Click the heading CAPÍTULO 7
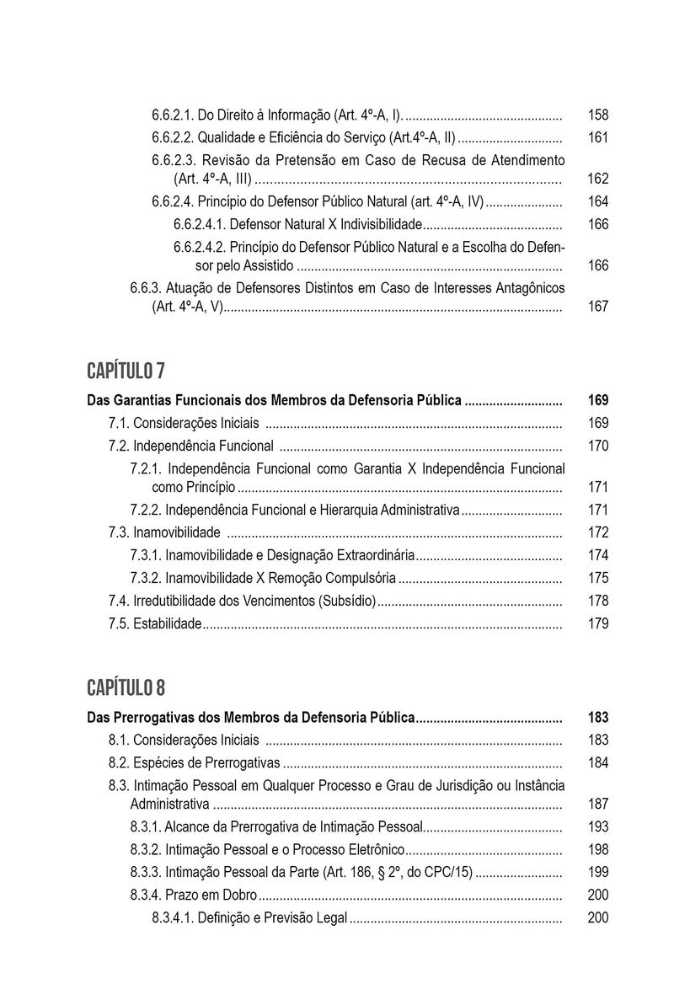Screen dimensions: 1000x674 [x=126, y=371]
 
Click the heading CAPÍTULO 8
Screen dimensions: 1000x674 [x=126, y=689]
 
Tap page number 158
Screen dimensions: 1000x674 [x=597, y=115]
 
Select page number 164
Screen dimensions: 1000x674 [x=597, y=202]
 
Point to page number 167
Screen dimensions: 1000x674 [x=597, y=307]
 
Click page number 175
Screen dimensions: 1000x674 [x=597, y=578]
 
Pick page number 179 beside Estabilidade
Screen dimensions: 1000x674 [x=597, y=624]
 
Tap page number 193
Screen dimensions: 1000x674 [x=597, y=827]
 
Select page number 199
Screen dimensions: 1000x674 [x=597, y=872]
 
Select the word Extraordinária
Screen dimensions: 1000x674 [x=372, y=555]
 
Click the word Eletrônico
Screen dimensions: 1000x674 [x=374, y=850]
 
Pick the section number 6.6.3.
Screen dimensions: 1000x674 [x=147, y=288]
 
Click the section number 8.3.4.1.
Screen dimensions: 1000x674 [x=173, y=918]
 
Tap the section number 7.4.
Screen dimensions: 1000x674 [x=119, y=601]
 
